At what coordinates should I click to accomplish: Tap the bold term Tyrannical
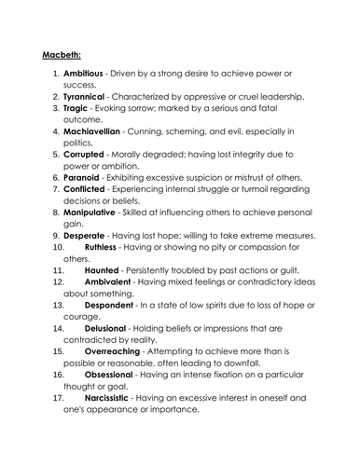coord(90,97)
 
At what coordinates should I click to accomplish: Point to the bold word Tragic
coord(81,110)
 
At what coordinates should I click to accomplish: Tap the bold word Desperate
coord(90,242)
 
